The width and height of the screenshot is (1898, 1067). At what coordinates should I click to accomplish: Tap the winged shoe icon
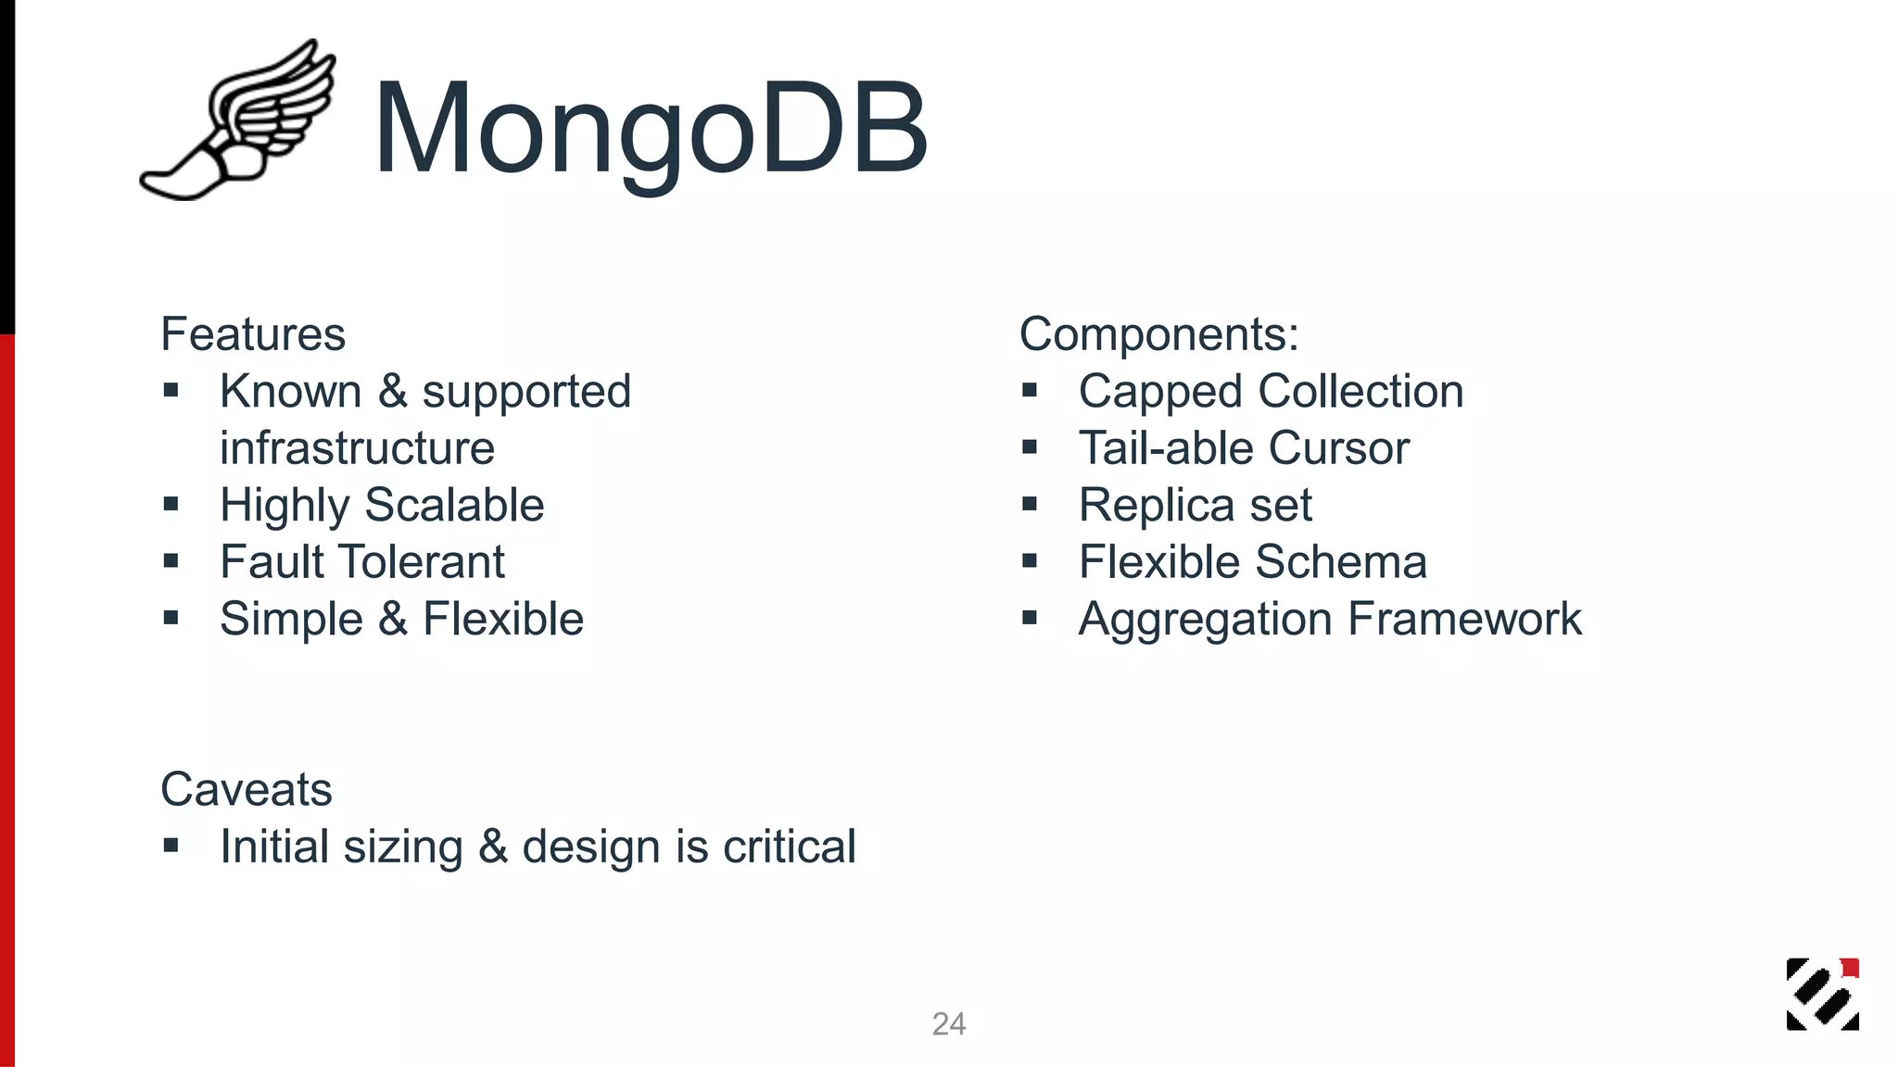[x=238, y=120]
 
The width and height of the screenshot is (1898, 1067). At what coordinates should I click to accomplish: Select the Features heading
[x=253, y=334]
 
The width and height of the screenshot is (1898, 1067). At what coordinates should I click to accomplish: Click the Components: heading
[x=1158, y=334]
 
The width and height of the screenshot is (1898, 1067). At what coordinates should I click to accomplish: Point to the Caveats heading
[x=246, y=790]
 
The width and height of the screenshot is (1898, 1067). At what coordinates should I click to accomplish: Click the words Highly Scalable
[x=382, y=506]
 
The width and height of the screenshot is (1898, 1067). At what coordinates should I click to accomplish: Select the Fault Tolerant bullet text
[x=362, y=562]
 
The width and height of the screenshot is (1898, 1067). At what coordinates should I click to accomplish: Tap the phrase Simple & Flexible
[x=401, y=619]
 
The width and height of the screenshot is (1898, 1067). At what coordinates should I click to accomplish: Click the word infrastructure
[x=357, y=448]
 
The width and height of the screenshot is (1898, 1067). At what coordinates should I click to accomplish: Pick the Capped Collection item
[x=1271, y=392]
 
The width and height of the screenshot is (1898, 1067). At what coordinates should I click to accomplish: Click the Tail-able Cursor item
[x=1244, y=448]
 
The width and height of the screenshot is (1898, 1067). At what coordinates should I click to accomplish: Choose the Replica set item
[x=1195, y=506]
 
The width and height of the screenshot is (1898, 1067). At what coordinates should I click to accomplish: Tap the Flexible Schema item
[x=1252, y=562]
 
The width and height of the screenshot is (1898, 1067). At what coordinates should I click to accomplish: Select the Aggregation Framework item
[x=1330, y=619]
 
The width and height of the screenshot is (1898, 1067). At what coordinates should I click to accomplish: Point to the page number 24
[x=949, y=1024]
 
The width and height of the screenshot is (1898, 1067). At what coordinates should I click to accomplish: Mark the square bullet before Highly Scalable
[x=171, y=505]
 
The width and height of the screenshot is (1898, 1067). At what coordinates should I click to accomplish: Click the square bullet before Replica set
[x=1030, y=505]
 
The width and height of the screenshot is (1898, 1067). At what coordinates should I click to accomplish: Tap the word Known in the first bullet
[x=290, y=392]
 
